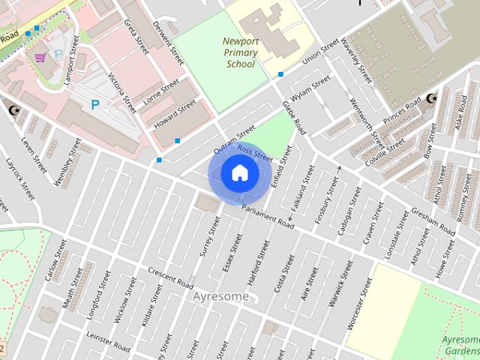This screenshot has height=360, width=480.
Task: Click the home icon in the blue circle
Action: coord(239,173)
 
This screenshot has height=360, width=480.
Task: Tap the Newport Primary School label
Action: coord(240,52)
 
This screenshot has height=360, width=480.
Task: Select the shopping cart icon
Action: coord(40,57)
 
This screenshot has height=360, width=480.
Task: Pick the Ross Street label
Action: coord(254,154)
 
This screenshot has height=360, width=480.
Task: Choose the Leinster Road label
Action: coord(109,340)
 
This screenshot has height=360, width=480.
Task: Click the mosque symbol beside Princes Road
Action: coord(430,99)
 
